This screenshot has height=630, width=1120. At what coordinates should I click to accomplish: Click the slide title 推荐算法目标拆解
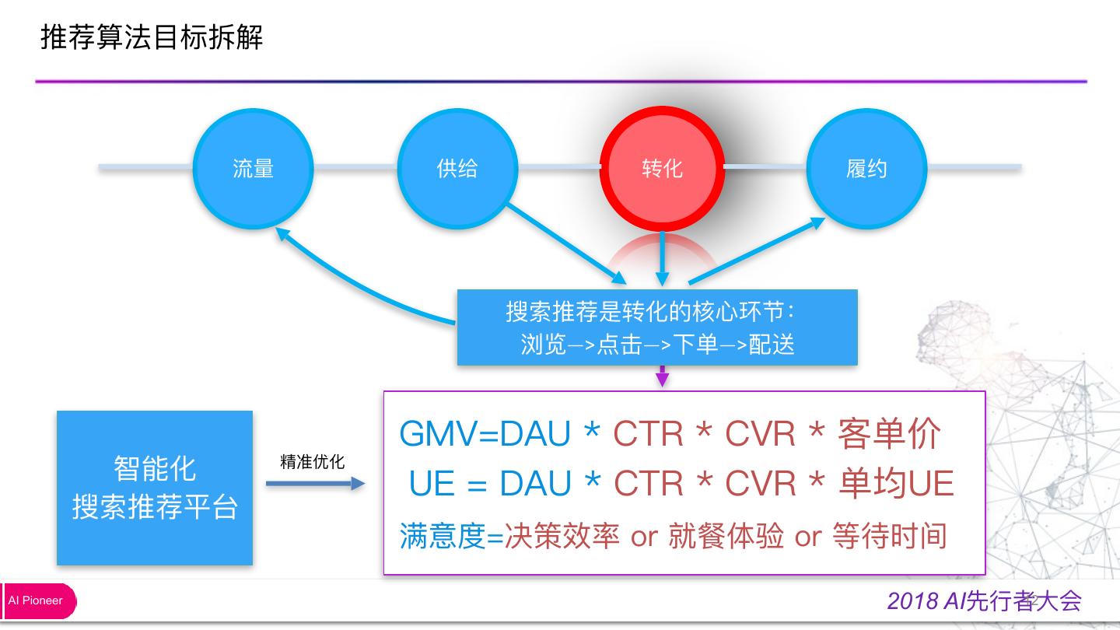pos(152,37)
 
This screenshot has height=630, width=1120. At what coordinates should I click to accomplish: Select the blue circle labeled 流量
pos(253,167)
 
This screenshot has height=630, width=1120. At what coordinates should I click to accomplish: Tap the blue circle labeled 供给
pos(457,167)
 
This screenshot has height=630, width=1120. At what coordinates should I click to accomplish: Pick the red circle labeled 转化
pos(662,168)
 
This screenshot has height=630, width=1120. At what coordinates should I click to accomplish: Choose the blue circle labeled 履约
pos(866,168)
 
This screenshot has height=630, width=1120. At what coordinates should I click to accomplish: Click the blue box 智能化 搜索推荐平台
pos(155,488)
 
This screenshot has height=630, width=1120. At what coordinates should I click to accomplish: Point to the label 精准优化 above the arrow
pos(312,462)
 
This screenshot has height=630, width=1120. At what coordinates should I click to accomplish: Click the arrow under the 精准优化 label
pos(315,484)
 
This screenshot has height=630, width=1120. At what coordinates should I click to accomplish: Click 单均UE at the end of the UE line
pos(896,484)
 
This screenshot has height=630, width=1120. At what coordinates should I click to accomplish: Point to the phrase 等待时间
pos(889,536)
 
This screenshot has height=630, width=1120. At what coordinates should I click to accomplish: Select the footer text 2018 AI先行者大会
pos(984,600)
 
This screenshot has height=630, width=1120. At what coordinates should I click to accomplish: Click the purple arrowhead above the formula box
pos(662,379)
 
